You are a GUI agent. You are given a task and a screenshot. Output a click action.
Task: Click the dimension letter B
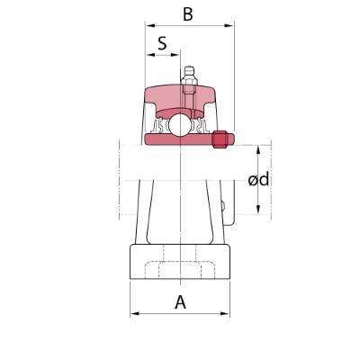(188, 14)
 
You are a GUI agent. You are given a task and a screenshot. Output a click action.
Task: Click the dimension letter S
(162, 43)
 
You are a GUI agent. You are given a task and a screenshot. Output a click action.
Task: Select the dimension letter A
(180, 302)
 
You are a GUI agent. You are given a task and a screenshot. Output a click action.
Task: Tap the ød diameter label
(258, 180)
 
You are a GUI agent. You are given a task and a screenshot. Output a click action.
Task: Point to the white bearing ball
(179, 124)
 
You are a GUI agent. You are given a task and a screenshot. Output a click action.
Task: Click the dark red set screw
(220, 139)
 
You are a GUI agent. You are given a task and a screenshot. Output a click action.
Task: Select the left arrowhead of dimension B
(149, 25)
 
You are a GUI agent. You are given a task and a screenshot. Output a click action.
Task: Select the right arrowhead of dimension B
(229, 25)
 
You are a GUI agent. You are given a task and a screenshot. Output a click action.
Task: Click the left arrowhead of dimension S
(149, 55)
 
